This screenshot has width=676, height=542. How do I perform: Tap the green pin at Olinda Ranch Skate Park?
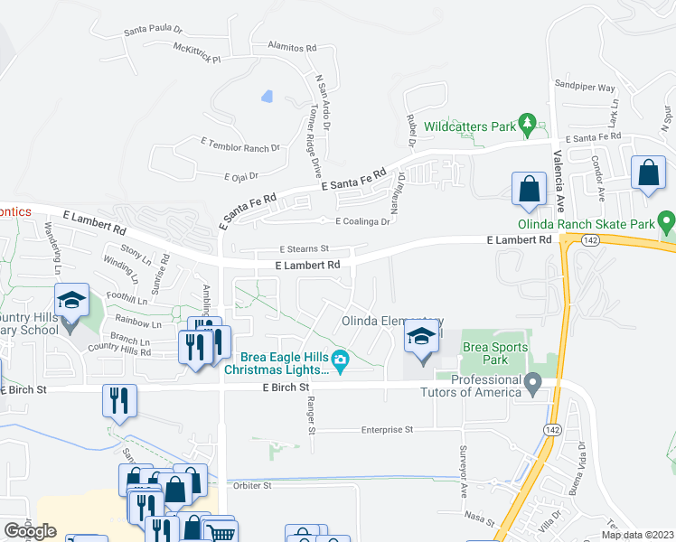click(x=666, y=220)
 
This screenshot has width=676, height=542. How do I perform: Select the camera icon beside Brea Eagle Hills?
click(x=340, y=361)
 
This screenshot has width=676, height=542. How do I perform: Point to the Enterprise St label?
click(x=387, y=430)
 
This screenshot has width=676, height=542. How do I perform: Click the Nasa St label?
click(x=480, y=519)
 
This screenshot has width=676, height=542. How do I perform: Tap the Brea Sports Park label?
click(x=484, y=352)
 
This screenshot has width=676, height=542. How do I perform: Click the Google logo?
click(x=30, y=530)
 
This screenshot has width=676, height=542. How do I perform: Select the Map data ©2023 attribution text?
click(x=637, y=535)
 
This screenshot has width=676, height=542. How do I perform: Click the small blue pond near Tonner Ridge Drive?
click(x=266, y=96)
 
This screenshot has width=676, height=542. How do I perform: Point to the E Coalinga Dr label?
click(x=361, y=221)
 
